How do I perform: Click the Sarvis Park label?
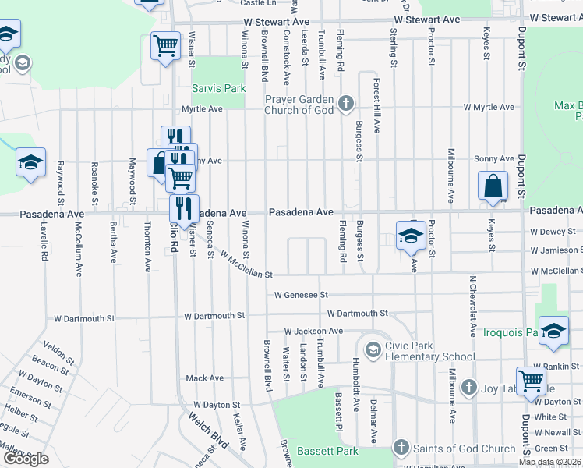(x=219, y=88)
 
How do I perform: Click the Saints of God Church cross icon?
(x=401, y=448)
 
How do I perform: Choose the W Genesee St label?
(x=301, y=295)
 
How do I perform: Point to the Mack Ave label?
(x=204, y=378)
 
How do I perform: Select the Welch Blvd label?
(x=207, y=430)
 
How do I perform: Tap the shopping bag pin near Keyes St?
(x=493, y=187)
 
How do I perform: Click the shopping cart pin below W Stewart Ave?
(x=164, y=46)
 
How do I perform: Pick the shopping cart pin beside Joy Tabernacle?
(x=531, y=381)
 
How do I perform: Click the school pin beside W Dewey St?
(x=411, y=236)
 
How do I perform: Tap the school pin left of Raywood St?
(x=30, y=163)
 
